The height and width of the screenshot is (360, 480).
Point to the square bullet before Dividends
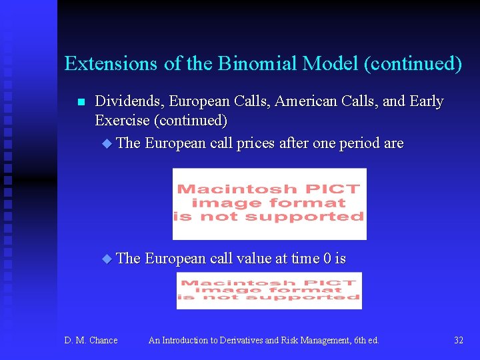[81, 102]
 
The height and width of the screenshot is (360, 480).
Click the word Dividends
[129, 101]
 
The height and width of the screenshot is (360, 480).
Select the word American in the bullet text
[302, 101]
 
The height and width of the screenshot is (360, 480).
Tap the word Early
[427, 101]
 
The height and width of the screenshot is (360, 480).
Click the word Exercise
[123, 121]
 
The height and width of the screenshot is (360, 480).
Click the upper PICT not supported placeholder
[269, 203]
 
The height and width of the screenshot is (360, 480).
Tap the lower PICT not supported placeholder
[269, 291]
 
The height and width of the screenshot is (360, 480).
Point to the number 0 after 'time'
[327, 258]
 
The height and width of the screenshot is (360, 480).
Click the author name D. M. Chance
[91, 341]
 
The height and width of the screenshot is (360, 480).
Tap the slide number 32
[459, 341]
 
